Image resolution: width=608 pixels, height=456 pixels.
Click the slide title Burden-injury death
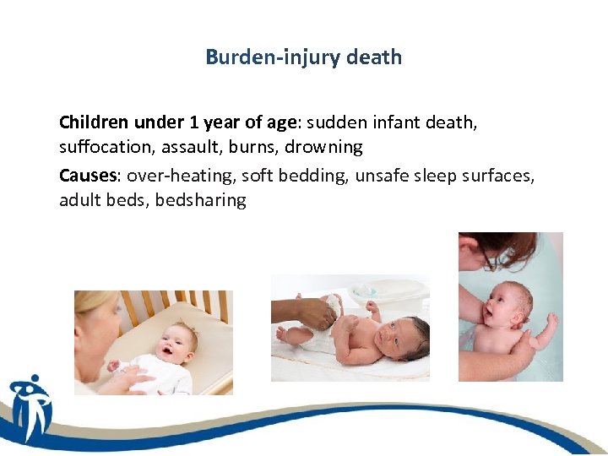click(x=303, y=57)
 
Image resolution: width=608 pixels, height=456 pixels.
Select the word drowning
click(x=323, y=147)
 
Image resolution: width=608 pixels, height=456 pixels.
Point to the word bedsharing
click(x=201, y=200)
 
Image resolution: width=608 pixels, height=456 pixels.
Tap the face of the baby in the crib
click(x=181, y=341)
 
